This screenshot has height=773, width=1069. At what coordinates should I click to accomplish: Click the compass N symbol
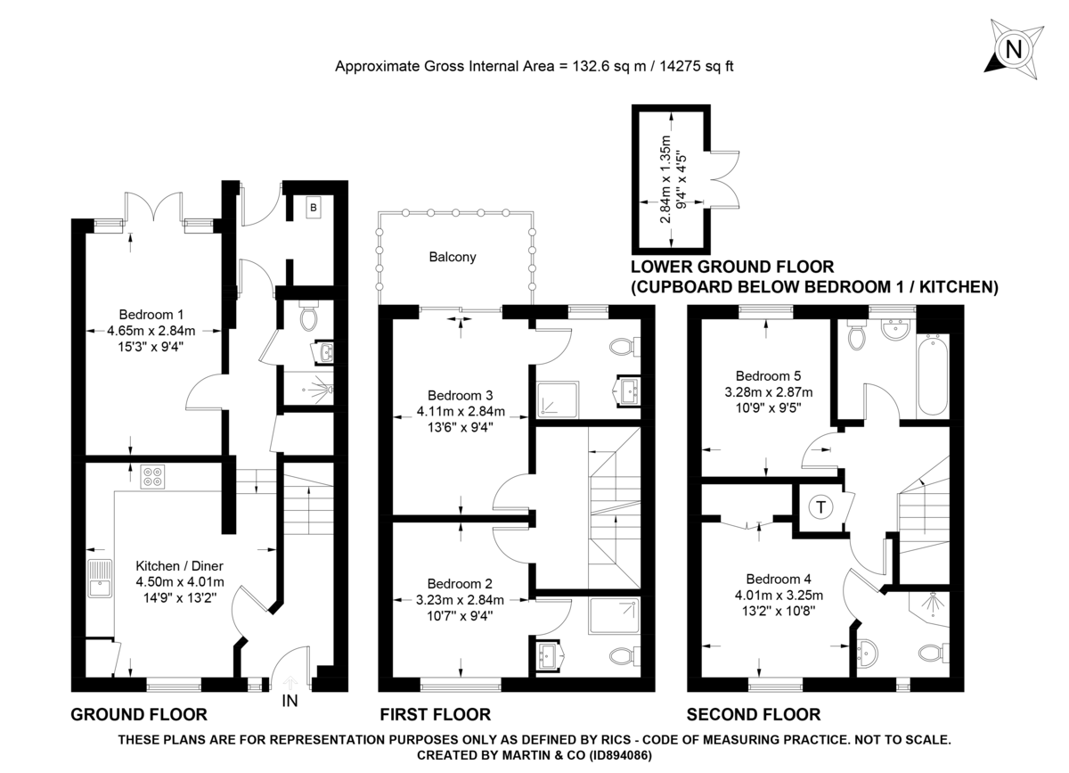[x=1013, y=49]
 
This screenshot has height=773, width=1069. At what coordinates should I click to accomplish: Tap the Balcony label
[x=453, y=257]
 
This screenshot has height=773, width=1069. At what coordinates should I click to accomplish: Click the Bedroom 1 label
[x=151, y=314]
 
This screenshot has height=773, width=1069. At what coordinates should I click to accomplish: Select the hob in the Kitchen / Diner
[x=152, y=477]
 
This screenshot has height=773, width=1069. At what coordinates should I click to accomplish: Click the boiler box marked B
[x=313, y=209]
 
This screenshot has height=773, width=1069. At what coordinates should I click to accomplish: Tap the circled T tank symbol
[x=820, y=507]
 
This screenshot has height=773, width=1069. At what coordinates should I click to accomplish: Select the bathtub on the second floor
[x=933, y=375]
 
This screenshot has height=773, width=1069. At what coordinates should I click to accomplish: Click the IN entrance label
[x=290, y=701]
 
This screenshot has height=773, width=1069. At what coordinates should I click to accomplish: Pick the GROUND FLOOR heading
[x=139, y=715]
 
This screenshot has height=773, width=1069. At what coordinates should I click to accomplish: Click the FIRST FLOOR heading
[x=435, y=715]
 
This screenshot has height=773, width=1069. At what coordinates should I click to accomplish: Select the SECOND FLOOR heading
[x=754, y=715]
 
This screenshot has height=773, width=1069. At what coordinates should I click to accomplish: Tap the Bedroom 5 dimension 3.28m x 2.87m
[x=768, y=392]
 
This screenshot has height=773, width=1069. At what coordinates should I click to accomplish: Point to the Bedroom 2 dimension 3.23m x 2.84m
[x=461, y=599]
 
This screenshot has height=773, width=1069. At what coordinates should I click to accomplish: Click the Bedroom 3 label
[x=461, y=395]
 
